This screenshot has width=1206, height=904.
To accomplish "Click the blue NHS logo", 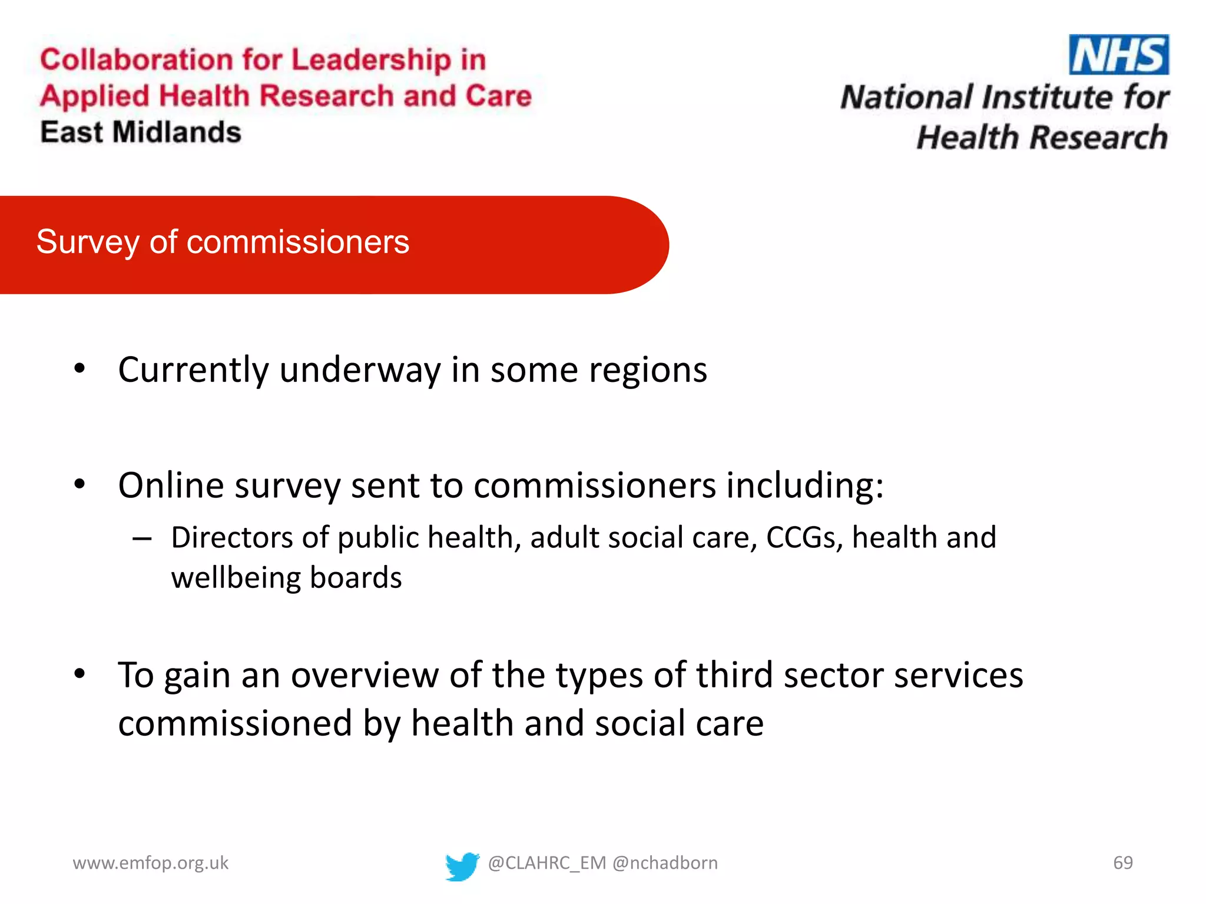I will (1118, 55).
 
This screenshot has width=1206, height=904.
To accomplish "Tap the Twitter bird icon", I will (462, 866).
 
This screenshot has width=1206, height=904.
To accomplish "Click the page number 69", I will (1122, 863).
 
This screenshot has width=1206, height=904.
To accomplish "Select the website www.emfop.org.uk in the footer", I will (150, 863).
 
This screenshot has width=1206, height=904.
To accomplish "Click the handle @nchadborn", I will (665, 863).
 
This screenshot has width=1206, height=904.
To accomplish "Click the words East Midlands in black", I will (141, 132).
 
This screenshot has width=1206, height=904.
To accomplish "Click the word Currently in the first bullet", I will (193, 371).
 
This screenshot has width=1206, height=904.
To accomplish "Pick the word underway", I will (360, 371).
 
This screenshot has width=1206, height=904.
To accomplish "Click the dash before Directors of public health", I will (142, 538).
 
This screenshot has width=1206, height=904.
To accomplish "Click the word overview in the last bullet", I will (365, 675).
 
